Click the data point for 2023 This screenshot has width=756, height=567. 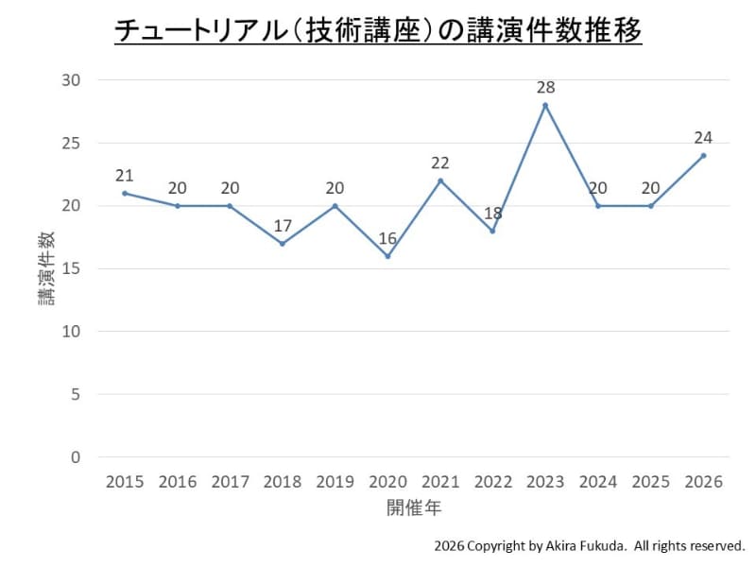(x=545, y=105)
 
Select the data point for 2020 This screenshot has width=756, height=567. (x=387, y=256)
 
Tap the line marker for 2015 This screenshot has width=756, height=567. (x=125, y=193)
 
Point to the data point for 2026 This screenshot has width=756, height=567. (x=703, y=155)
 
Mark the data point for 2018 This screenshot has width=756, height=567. (x=283, y=244)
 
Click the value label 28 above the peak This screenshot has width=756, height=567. (x=545, y=87)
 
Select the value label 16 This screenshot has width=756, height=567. (x=387, y=237)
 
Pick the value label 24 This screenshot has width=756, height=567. (x=703, y=137)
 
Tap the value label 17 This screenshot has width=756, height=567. (x=283, y=225)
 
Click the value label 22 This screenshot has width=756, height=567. (x=440, y=163)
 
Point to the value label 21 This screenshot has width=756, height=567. (x=125, y=175)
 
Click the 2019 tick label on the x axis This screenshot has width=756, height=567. (x=335, y=482)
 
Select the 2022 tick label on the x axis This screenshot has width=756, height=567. (x=492, y=482)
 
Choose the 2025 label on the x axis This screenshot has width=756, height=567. (x=650, y=482)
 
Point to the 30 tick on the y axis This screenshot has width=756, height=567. (x=72, y=80)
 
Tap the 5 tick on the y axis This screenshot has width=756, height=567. (x=77, y=394)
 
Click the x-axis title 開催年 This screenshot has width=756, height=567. (x=414, y=507)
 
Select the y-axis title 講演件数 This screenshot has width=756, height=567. (x=45, y=268)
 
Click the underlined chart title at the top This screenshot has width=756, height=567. (x=378, y=31)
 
